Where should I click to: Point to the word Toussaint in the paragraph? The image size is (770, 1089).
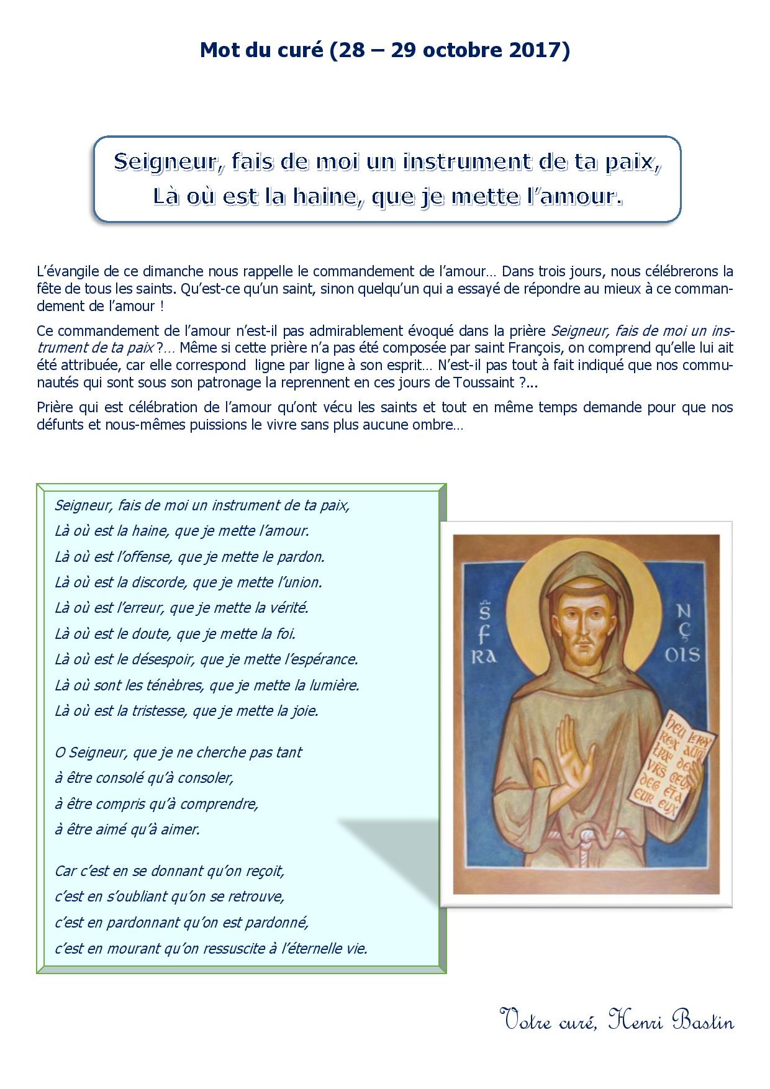tap(482, 384)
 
